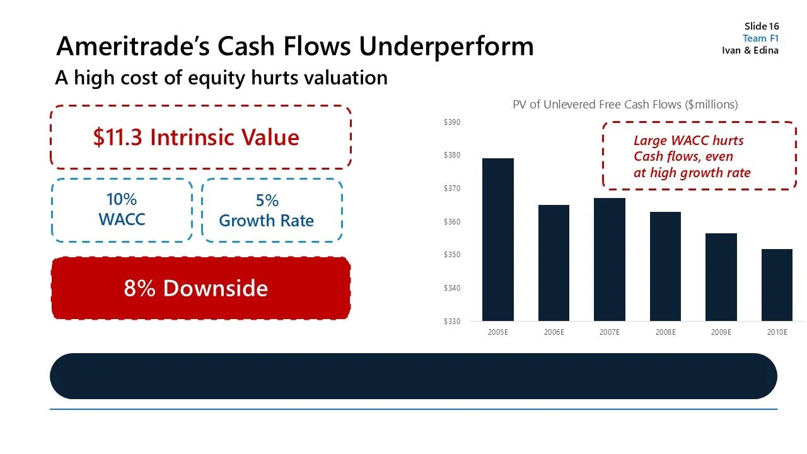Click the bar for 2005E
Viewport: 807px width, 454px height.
click(x=497, y=240)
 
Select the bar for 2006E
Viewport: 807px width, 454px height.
click(x=554, y=263)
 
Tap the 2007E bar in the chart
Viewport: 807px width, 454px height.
click(x=610, y=259)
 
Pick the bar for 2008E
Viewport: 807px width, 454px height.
click(x=665, y=266)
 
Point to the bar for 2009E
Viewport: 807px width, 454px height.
click(x=721, y=277)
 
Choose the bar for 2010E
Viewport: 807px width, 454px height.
click(x=777, y=285)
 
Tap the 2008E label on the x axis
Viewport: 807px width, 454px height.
click(x=665, y=332)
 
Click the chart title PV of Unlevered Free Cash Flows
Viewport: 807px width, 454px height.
click(x=625, y=105)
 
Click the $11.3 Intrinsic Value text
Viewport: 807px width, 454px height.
click(x=196, y=137)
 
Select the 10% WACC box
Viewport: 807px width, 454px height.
click(x=122, y=210)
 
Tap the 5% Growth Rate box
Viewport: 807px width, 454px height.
click(x=272, y=211)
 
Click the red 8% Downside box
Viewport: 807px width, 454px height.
click(x=200, y=288)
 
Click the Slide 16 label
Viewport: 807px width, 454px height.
click(x=761, y=26)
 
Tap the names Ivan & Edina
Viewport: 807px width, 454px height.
click(x=750, y=50)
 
